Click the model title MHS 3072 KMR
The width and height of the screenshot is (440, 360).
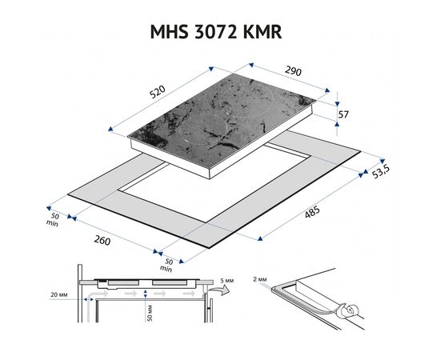tap(216, 32)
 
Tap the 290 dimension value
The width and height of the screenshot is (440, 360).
tap(293, 71)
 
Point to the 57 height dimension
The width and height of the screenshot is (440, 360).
tap(343, 114)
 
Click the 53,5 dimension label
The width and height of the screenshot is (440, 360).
tap(381, 171)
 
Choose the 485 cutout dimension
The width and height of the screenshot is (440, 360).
tap(312, 211)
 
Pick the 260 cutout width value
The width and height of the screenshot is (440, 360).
tap(102, 240)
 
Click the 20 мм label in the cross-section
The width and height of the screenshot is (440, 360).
tap(59, 294)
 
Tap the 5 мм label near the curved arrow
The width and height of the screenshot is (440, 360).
tap(227, 281)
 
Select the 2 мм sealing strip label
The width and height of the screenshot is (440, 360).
tap(259, 279)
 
